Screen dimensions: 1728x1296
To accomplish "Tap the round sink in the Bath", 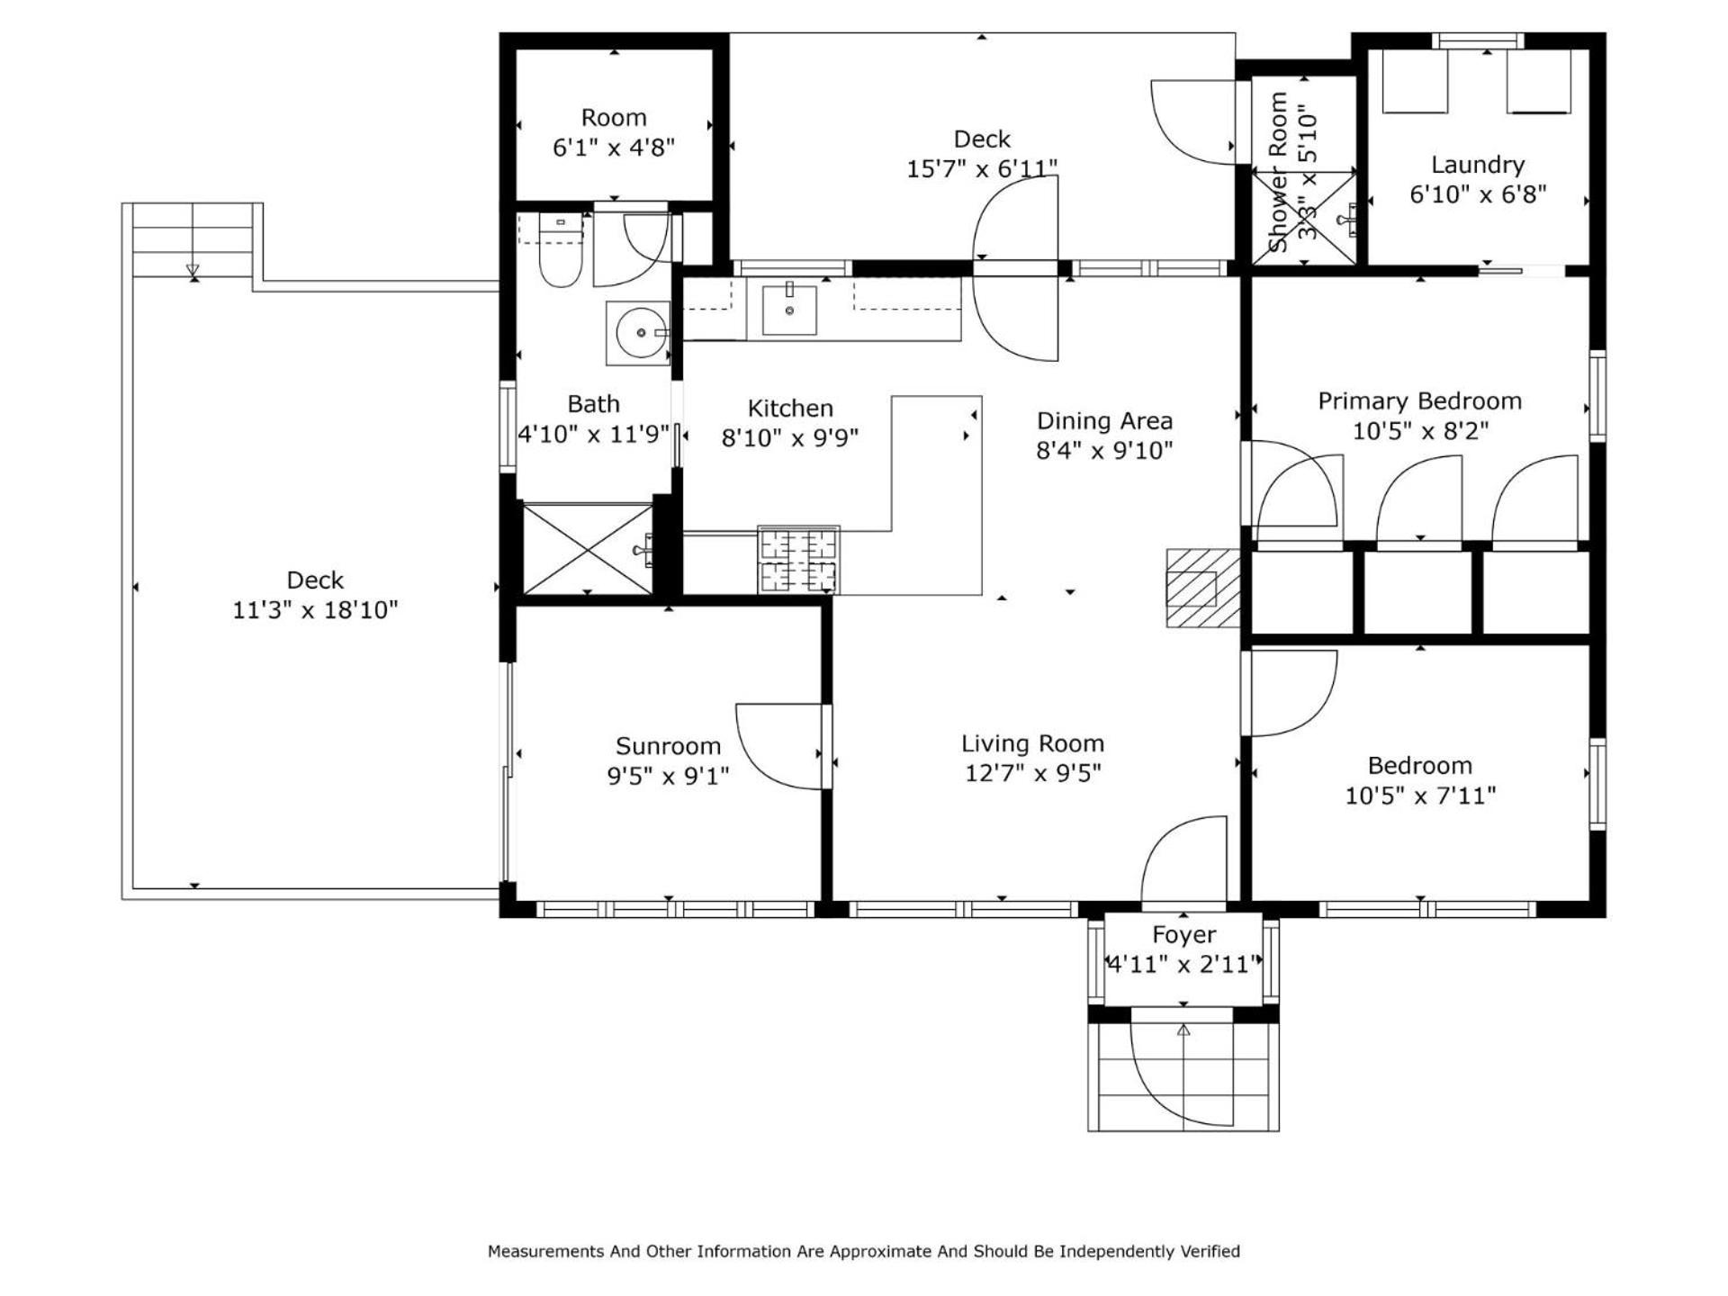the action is click(x=638, y=333).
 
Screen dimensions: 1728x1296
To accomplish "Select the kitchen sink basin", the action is click(x=789, y=310).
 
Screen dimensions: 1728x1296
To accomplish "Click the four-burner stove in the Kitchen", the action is click(x=798, y=560).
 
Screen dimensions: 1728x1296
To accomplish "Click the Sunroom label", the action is click(x=668, y=745).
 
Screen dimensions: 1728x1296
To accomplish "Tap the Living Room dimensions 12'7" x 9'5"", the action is click(x=1033, y=773).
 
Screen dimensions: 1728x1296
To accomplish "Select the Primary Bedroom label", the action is click(x=1420, y=400).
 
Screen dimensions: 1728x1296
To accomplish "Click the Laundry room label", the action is click(x=1478, y=165).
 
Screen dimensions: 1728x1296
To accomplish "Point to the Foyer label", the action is click(x=1183, y=935).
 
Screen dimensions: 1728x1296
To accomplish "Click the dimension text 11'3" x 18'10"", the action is click(x=315, y=610).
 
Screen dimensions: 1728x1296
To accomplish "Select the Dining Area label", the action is click(x=1104, y=420).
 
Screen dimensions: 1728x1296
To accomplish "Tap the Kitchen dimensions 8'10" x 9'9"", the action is click(x=790, y=437).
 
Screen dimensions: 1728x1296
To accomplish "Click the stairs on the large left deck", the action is click(x=193, y=241).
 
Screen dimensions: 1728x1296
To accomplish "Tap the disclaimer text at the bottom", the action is click(x=864, y=1251).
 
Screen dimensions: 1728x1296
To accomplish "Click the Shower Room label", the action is click(x=1277, y=171).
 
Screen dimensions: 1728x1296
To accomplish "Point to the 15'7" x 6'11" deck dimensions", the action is click(x=982, y=168).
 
